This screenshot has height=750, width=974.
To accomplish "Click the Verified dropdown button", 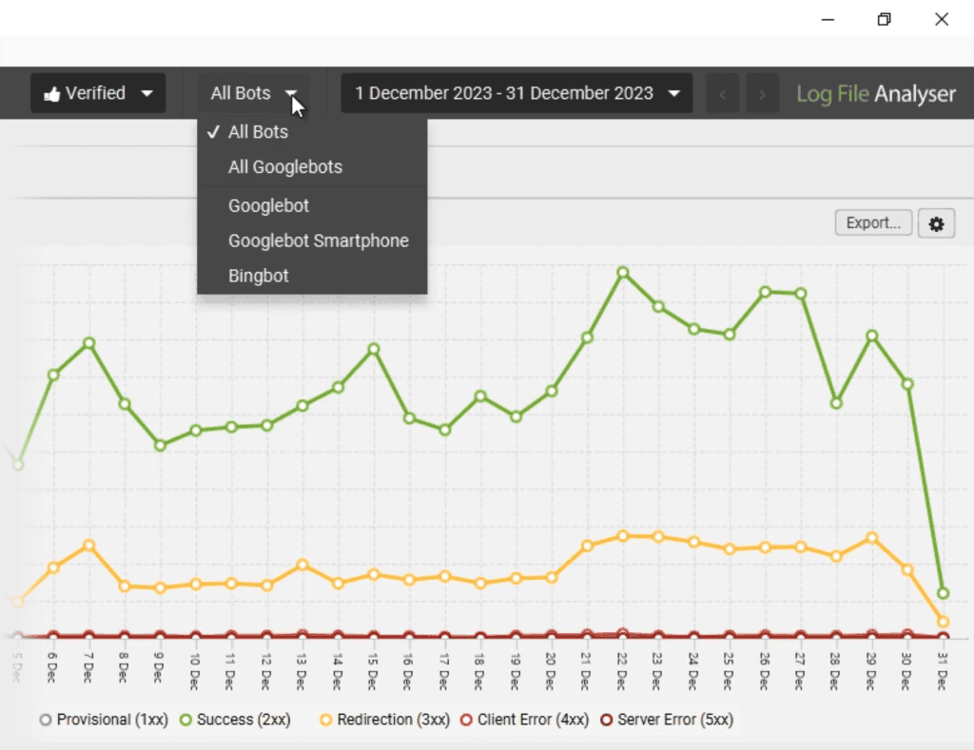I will tap(98, 93).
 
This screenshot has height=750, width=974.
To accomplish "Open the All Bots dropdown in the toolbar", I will tap(254, 93).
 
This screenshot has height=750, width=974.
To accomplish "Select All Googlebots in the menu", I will tap(284, 167).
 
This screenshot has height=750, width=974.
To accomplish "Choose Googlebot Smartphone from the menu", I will tap(318, 241).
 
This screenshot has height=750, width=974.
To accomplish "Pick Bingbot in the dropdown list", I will tap(258, 277).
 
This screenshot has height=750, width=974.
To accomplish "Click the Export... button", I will tap(873, 223).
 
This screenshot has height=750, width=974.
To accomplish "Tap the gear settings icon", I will tap(936, 224).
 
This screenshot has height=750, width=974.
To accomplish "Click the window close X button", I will tap(942, 19).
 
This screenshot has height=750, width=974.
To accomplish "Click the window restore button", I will tap(885, 19).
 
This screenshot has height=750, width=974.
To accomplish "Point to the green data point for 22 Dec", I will tap(623, 273).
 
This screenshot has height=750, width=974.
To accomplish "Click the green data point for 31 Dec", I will tap(943, 593).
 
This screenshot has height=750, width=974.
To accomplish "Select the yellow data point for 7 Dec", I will tap(88, 546).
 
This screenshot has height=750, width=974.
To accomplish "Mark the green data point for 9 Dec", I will tap(160, 445).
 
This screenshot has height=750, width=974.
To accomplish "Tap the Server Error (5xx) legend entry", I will tap(666, 720).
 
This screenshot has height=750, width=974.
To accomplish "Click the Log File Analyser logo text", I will tap(875, 94).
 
